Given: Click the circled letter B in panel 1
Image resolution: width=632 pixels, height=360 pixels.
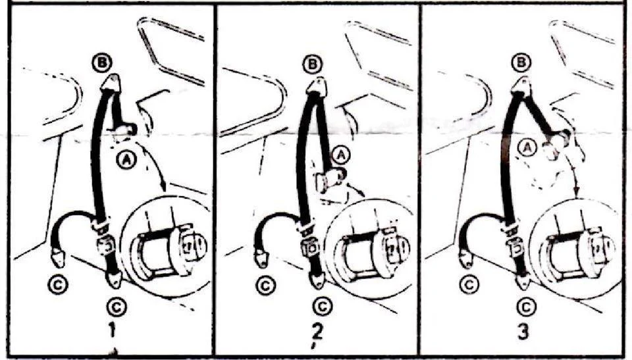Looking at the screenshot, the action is (x=101, y=63).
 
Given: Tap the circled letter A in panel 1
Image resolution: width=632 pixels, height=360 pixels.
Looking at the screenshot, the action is (x=126, y=161).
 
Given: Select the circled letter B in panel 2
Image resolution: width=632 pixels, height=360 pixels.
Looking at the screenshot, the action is (x=313, y=64).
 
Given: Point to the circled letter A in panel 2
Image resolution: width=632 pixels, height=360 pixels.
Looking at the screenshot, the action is (x=341, y=155).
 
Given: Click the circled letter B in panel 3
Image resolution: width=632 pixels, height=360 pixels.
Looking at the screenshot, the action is (x=521, y=63).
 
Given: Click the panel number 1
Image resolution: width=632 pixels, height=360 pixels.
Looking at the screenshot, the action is (x=112, y=330).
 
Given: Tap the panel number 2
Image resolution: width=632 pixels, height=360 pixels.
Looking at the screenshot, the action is (x=317, y=331).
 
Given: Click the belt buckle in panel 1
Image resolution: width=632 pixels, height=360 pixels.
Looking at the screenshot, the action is (x=105, y=246).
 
